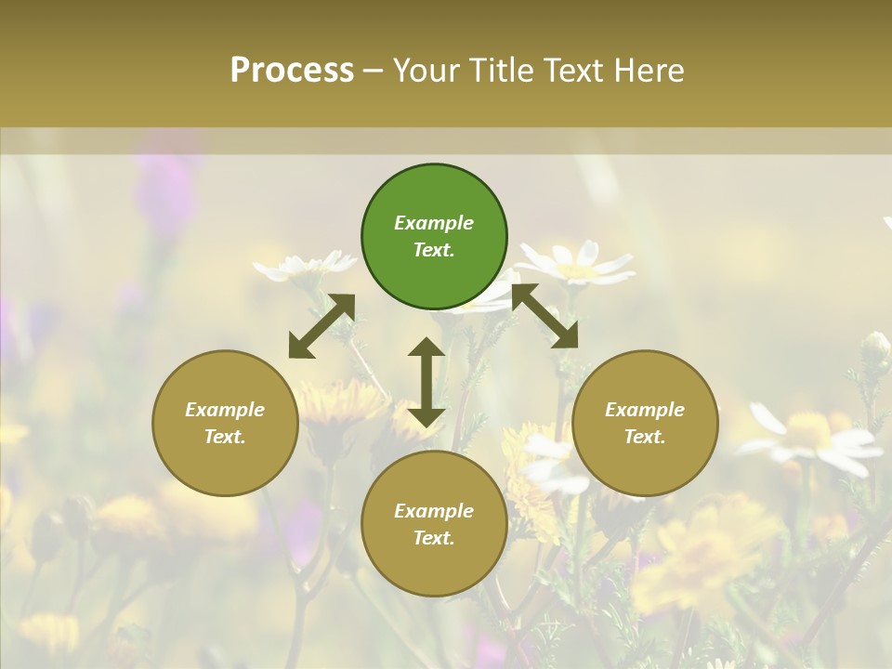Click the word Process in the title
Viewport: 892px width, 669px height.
pyautogui.click(x=292, y=71)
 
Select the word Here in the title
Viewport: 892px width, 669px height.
pyautogui.click(x=647, y=71)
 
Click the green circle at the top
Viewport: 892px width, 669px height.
pyautogui.click(x=434, y=237)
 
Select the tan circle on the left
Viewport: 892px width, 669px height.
pyautogui.click(x=225, y=423)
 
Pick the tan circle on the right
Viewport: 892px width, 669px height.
pyautogui.click(x=645, y=423)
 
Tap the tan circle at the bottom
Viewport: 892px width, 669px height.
pyautogui.click(x=434, y=524)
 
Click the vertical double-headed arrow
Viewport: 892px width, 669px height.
pyautogui.click(x=426, y=382)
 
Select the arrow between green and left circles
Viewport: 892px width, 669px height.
pyautogui.click(x=321, y=326)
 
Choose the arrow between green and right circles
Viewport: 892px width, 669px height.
pyautogui.click(x=544, y=316)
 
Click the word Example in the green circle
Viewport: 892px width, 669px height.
pyautogui.click(x=434, y=223)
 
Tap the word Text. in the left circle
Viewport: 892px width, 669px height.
pyautogui.click(x=225, y=437)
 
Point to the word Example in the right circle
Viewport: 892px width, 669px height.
pyautogui.click(x=645, y=410)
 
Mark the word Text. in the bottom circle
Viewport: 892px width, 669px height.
pyautogui.click(x=434, y=538)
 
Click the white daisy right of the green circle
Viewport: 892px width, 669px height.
pyautogui.click(x=582, y=263)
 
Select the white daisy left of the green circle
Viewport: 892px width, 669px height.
pyautogui.click(x=303, y=267)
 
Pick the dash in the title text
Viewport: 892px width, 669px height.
pyautogui.click(x=373, y=71)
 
